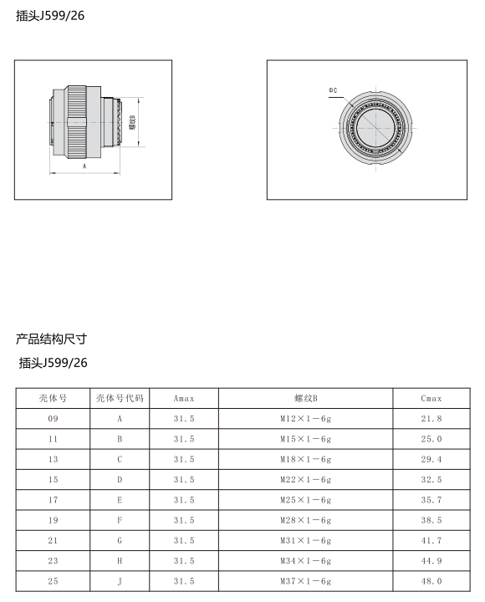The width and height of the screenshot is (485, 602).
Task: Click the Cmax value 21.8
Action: pos(431,419)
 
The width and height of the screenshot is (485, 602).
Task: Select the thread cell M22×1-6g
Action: pos(305,480)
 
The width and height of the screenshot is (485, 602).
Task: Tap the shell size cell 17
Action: pos(53,500)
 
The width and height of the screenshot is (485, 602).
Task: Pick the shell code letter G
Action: pos(120,541)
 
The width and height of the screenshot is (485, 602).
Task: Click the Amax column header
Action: pos(184,399)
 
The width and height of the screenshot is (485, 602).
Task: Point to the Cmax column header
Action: pos(431,399)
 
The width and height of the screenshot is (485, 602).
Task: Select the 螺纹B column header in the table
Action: pos(306,399)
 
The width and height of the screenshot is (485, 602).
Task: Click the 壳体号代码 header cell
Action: pos(120,398)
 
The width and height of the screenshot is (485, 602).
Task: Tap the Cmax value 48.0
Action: pos(431,581)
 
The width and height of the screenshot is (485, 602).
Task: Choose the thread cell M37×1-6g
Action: pos(305,581)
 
